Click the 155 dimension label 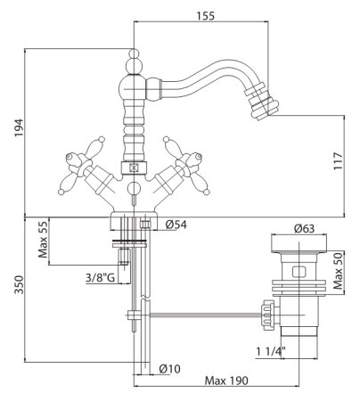(x=205, y=16)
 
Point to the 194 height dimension (x=19, y=127)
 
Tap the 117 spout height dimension (x=338, y=161)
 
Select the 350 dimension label (x=19, y=284)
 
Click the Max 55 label (x=43, y=240)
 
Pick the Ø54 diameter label (x=176, y=225)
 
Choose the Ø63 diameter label (x=304, y=228)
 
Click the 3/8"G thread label (x=100, y=278)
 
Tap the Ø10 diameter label (x=169, y=369)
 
